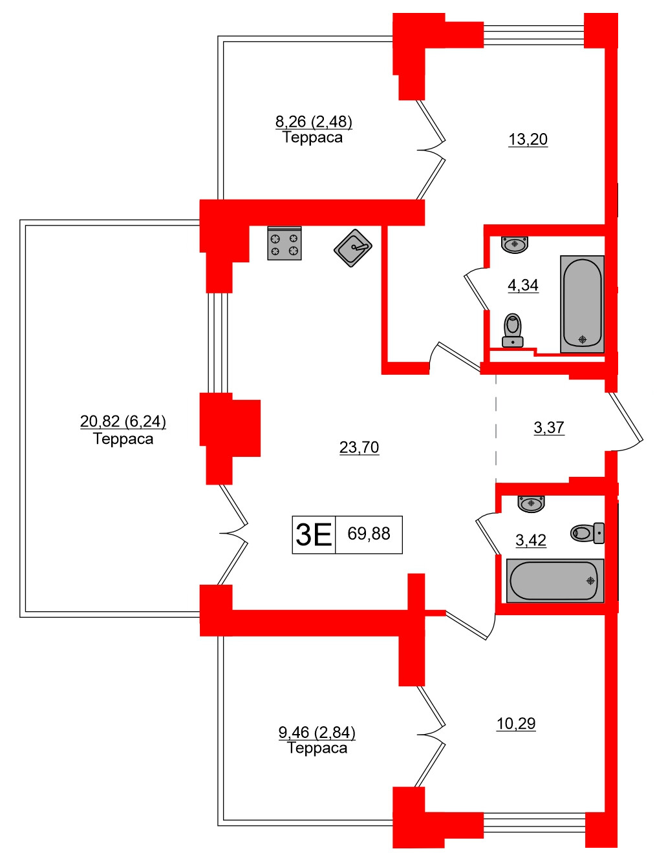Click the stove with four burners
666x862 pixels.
(285, 244)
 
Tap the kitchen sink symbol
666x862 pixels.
(353, 247)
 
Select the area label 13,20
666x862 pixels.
(528, 140)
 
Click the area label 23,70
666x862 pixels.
(360, 447)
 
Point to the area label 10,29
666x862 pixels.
(516, 724)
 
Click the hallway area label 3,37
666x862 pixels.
(549, 428)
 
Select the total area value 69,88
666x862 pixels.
(369, 534)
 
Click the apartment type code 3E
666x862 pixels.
(314, 534)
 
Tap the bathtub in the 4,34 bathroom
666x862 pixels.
(583, 304)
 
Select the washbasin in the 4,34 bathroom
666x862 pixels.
(515, 244)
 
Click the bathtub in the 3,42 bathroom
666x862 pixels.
(555, 580)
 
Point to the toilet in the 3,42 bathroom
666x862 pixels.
(588, 533)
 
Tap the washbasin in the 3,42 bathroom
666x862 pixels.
(532, 503)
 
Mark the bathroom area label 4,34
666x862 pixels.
(523, 285)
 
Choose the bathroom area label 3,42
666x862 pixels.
(531, 540)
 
